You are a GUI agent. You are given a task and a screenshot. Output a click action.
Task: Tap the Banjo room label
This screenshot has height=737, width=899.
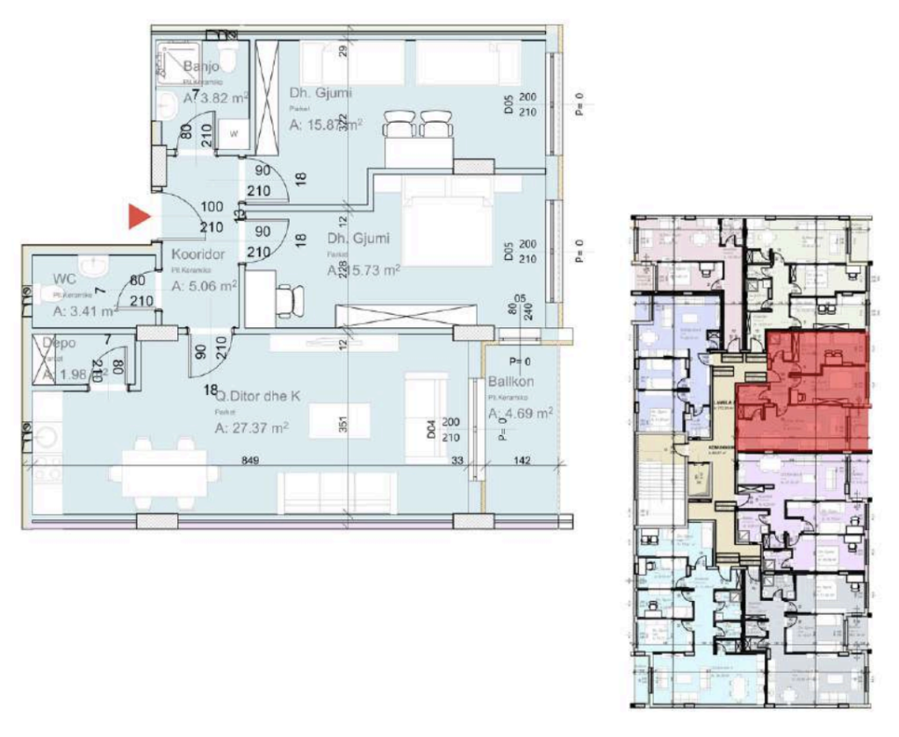click(x=201, y=66)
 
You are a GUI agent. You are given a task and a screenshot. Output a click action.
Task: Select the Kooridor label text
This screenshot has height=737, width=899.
click(x=198, y=254)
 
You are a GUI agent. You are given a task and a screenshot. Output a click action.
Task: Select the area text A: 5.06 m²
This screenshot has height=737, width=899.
click(x=204, y=285)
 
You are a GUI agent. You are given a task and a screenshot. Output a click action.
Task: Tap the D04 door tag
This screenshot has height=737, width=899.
click(x=431, y=429)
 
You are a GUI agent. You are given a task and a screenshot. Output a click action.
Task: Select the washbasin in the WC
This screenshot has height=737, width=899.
click(x=91, y=265)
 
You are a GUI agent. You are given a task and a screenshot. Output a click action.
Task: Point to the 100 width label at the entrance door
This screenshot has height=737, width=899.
click(x=212, y=207)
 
